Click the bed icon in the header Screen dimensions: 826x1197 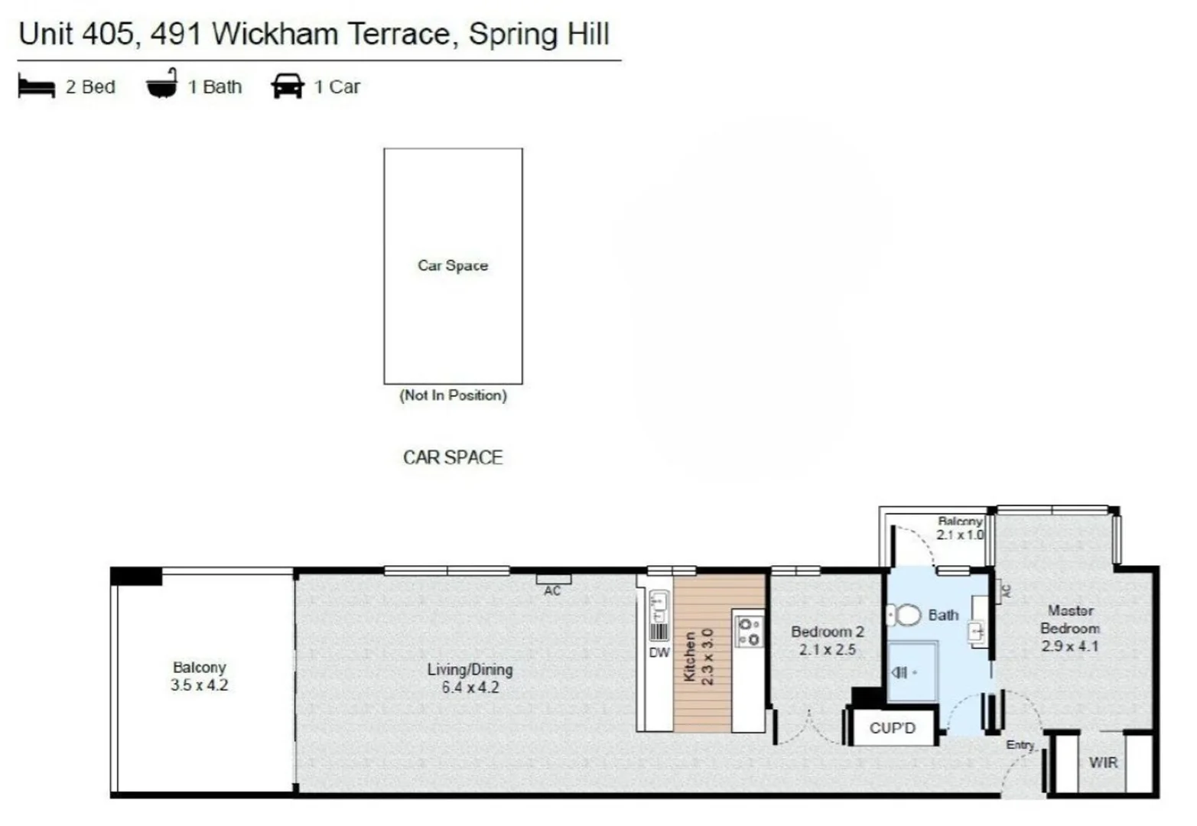pyautogui.click(x=36, y=87)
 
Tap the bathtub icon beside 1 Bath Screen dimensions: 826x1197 pyautogui.click(x=162, y=85)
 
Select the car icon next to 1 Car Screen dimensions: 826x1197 pyautogui.click(x=288, y=86)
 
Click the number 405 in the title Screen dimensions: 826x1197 pyautogui.click(x=110, y=34)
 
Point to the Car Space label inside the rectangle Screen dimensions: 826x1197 pyautogui.click(x=453, y=265)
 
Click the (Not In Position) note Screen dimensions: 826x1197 pyautogui.click(x=453, y=395)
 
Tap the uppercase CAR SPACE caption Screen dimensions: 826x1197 pyautogui.click(x=453, y=457)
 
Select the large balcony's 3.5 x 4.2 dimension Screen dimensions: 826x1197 pyautogui.click(x=199, y=685)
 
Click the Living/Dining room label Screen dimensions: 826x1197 pyautogui.click(x=470, y=670)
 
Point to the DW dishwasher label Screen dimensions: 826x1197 pyautogui.click(x=659, y=652)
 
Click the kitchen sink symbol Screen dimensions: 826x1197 pyautogui.click(x=659, y=606)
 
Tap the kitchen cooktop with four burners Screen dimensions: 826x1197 pyautogui.click(x=749, y=631)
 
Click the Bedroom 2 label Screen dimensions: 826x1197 pyautogui.click(x=827, y=632)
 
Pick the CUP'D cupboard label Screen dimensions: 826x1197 pyautogui.click(x=892, y=728)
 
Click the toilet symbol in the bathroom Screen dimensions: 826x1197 pyautogui.click(x=904, y=615)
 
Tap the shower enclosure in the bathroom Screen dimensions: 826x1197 pyautogui.click(x=912, y=672)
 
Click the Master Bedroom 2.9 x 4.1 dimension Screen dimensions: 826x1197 pyautogui.click(x=1069, y=646)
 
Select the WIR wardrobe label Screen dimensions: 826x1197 pyautogui.click(x=1103, y=763)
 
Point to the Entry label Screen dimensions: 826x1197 pyautogui.click(x=1020, y=744)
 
